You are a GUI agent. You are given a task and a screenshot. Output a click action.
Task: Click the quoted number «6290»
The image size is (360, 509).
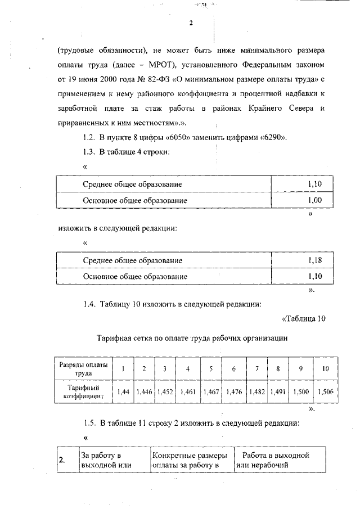click(276, 137)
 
